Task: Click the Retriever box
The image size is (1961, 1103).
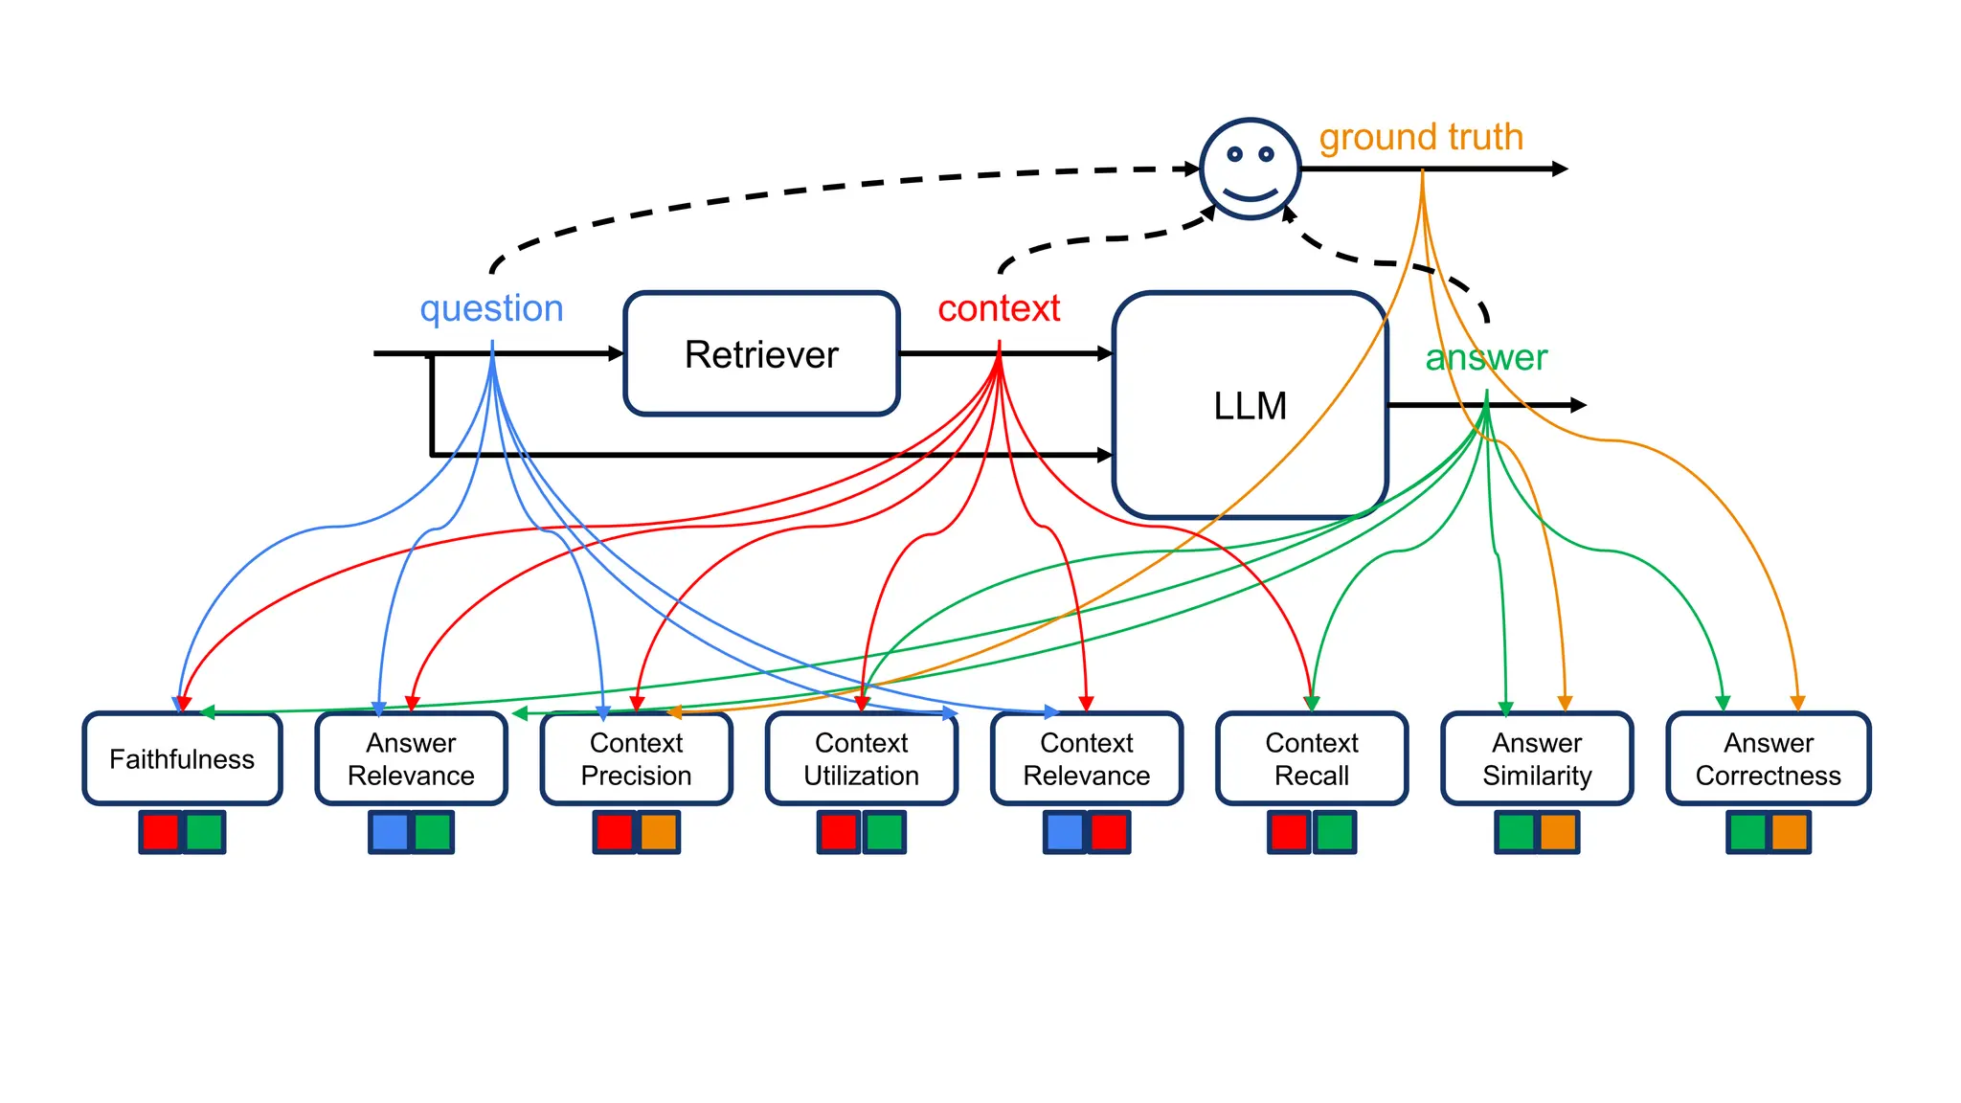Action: click(761, 353)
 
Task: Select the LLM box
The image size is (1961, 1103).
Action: click(1250, 405)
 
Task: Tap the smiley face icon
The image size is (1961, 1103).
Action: click(1250, 169)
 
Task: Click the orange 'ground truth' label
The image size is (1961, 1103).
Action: click(1421, 137)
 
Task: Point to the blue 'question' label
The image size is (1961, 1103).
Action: click(491, 308)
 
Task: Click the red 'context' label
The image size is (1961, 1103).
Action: click(999, 308)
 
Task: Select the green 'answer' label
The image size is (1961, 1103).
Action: click(1486, 357)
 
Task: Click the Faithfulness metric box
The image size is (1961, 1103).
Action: click(182, 758)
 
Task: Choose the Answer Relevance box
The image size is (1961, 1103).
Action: click(411, 758)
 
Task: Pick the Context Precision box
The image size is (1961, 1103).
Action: click(636, 758)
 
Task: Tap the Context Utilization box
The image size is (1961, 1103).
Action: click(861, 758)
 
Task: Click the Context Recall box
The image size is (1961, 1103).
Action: click(1311, 758)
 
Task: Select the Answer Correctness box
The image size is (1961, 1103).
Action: click(1768, 758)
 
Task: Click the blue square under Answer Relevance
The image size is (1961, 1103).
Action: click(390, 832)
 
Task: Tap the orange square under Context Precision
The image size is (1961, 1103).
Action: click(659, 832)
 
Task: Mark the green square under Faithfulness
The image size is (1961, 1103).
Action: click(204, 832)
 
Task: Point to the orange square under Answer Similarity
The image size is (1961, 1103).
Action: click(1558, 832)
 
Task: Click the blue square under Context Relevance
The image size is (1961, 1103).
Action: click(1065, 832)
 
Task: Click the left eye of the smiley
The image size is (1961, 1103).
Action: click(1235, 154)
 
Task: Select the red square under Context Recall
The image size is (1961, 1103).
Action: click(1289, 832)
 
